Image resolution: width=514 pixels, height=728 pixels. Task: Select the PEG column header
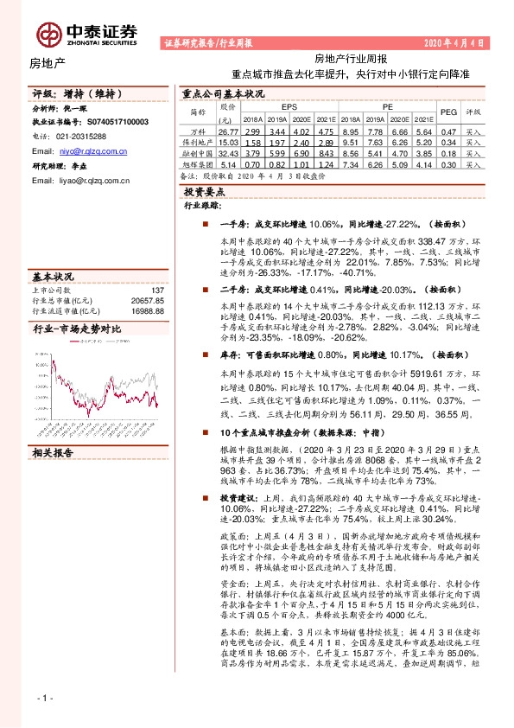click(448, 112)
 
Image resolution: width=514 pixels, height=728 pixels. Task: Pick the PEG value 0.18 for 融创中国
click(448, 152)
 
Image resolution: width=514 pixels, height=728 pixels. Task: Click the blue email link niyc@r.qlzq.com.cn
click(92, 150)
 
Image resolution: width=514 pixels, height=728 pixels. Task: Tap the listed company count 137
click(157, 291)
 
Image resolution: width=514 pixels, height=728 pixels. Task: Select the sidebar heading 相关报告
click(54, 453)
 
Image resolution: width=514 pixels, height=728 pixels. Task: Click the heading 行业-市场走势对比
click(76, 329)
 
